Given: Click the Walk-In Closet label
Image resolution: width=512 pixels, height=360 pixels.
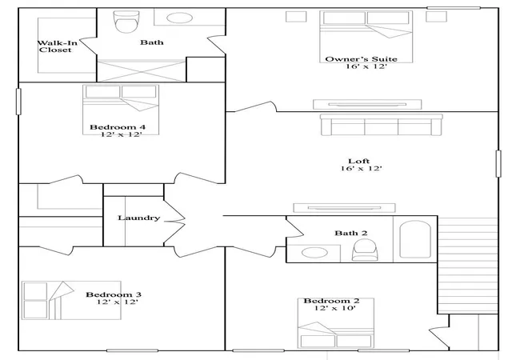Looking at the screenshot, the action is pos(57,46).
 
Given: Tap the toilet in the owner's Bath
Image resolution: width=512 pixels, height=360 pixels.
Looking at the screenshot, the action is pos(126,22).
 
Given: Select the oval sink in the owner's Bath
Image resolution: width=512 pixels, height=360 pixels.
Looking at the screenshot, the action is pos(179,18).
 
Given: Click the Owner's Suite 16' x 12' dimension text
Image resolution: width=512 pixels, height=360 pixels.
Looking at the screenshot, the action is pos(366,66).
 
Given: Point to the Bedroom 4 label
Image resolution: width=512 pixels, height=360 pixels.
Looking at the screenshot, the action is pos(118,126).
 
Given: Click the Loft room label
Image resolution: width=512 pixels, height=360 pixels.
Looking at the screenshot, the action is pos(359,161).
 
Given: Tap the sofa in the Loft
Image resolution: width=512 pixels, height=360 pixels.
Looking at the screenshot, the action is pos(382,125).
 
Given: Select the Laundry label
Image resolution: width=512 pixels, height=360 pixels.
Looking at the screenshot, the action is pos(138,218).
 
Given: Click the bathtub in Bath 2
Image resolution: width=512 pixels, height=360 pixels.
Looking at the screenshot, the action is pos(415,239).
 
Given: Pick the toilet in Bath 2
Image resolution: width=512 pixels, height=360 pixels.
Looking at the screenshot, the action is pos(365,250).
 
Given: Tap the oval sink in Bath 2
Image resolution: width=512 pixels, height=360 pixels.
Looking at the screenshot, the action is pos(314,253).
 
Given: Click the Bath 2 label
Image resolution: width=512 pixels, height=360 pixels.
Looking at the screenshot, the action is pos(351,233).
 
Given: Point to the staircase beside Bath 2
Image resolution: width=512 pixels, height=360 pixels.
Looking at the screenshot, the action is pos(467,266).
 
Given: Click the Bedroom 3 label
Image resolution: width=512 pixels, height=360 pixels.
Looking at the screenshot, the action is pos(114,294).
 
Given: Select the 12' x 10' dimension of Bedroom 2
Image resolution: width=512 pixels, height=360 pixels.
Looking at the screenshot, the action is pos(335,308).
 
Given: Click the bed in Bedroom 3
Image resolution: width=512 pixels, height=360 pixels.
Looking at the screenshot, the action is pos(71,300).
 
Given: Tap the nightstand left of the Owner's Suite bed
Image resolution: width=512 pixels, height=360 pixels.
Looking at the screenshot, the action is pos(296,17).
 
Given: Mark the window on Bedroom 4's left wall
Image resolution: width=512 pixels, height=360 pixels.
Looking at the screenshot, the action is pos(18,102).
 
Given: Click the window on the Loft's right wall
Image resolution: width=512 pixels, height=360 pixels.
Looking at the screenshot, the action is pos(498,164).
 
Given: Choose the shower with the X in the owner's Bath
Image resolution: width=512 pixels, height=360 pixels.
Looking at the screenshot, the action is pos(142,70).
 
